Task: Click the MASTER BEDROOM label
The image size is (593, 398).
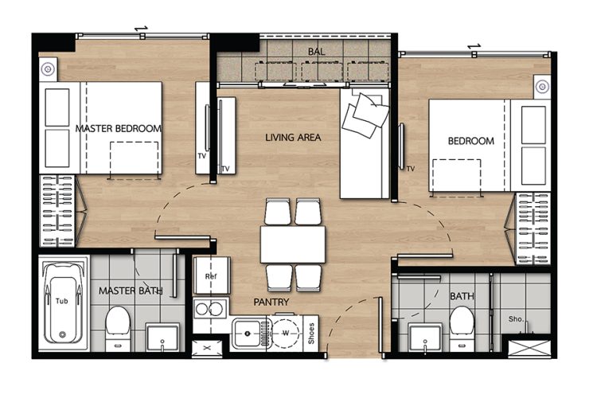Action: click(x=119, y=129)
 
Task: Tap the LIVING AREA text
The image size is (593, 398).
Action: click(x=293, y=138)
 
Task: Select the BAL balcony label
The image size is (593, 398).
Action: click(x=317, y=52)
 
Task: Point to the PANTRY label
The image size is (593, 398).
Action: click(x=271, y=302)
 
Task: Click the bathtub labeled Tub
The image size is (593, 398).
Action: click(x=62, y=302)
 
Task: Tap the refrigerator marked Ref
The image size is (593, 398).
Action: click(x=212, y=275)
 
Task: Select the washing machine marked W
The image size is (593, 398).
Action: click(x=286, y=334)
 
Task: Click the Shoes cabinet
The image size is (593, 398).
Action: click(x=311, y=334)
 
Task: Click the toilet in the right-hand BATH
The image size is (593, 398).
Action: click(x=462, y=328)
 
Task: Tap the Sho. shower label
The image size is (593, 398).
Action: click(x=516, y=319)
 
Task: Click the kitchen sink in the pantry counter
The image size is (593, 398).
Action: click(x=248, y=334)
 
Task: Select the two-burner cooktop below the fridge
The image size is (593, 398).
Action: click(x=210, y=309)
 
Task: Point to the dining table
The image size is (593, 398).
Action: click(x=293, y=244)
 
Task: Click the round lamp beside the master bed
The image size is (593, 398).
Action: click(x=48, y=69)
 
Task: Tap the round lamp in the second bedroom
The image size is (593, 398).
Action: click(x=542, y=87)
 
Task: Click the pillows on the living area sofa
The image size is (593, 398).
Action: click(x=365, y=115)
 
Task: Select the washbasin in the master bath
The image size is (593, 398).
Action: click(x=162, y=337)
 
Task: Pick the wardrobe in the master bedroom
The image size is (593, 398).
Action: click(x=57, y=211)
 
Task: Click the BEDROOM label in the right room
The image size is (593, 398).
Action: click(x=471, y=141)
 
